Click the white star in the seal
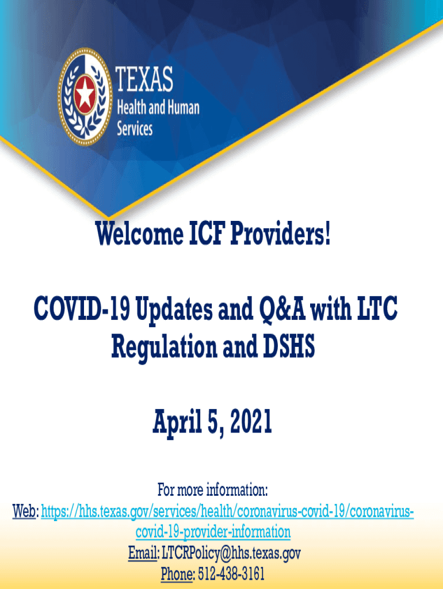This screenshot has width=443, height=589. pos(85,92)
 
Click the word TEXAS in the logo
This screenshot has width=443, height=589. pos(144,79)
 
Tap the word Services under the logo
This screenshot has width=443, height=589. pos(135,128)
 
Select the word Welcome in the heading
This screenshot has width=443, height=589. pos(139,234)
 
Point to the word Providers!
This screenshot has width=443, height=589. pos(280,234)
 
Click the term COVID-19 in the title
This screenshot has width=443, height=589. pos(82,308)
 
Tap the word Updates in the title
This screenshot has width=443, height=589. pos(174,309)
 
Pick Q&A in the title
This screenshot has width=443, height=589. pos(282,308)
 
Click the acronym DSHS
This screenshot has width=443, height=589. pos(289,346)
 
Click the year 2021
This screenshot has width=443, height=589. pos(251,422)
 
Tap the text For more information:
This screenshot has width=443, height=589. pos(213,490)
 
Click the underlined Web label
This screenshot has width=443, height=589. pos(24,511)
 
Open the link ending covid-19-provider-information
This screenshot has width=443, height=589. pos(213,532)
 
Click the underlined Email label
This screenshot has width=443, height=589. pos(143,553)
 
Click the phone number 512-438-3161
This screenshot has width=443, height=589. pos(231,574)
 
